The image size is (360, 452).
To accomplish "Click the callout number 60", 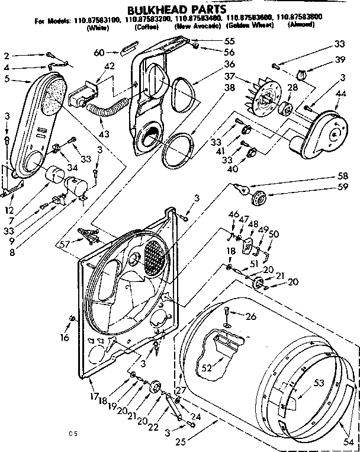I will pyautogui.click(x=99, y=53).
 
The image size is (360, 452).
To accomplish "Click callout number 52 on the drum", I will pyautogui.click(x=207, y=367).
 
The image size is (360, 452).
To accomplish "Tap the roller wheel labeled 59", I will pyautogui.click(x=259, y=198).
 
